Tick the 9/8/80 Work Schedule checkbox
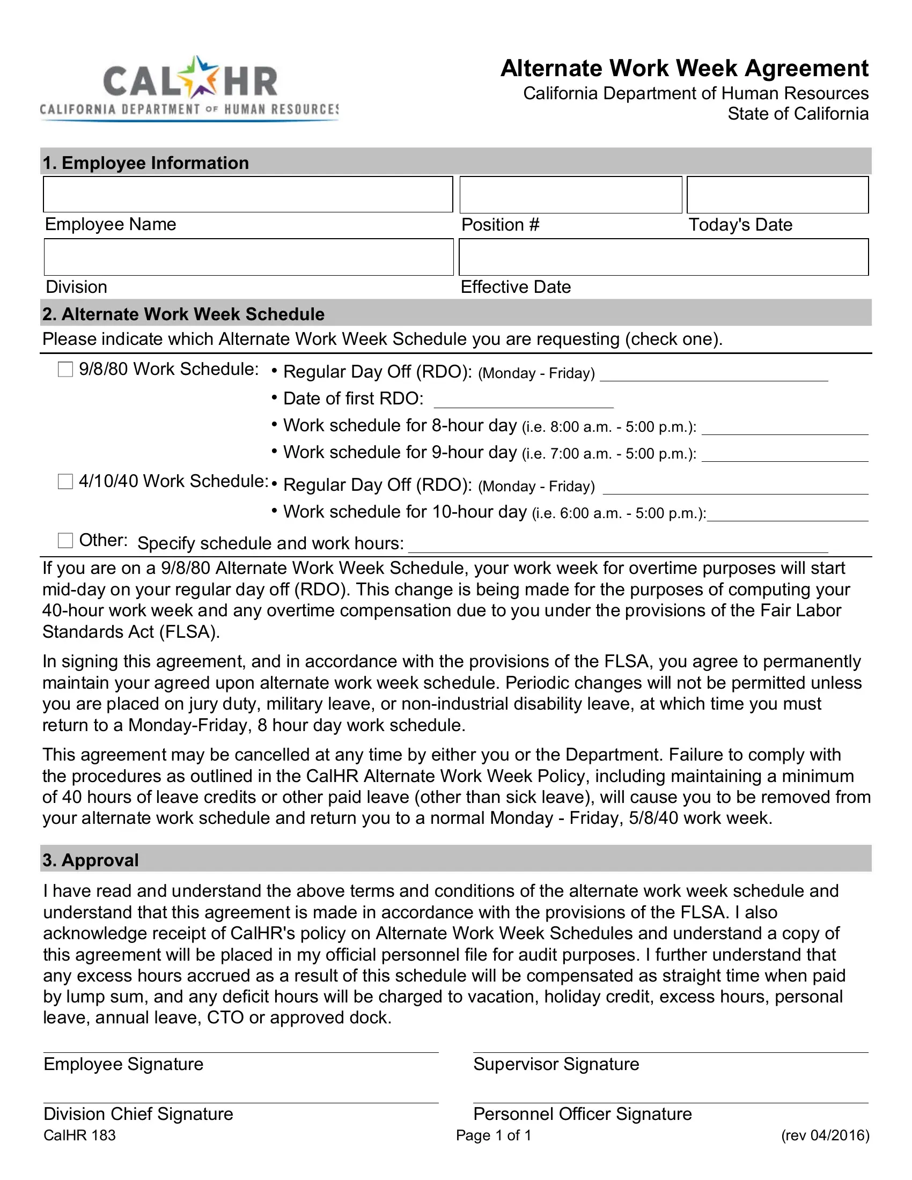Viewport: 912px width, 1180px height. pos(65,370)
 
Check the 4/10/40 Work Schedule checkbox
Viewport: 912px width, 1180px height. pos(65,482)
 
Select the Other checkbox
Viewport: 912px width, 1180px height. pos(65,540)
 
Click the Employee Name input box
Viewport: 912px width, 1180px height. pos(247,195)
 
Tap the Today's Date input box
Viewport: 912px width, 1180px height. pos(777,195)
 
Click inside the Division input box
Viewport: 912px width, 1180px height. pos(248,257)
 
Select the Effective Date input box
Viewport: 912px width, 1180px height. pos(663,257)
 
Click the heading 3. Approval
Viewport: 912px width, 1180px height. pos(91,860)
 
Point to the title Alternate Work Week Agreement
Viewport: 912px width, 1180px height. pos(684,69)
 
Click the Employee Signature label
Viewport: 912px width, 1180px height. pos(124,1064)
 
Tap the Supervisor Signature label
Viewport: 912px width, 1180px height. pos(556,1064)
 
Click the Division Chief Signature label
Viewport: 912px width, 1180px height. pos(138,1113)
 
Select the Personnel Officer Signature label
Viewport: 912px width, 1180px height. pos(582,1113)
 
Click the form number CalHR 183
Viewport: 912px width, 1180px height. pos(79,1135)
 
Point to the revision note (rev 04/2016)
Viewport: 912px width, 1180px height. pos(825,1135)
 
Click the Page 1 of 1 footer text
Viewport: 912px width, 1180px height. pos(493,1135)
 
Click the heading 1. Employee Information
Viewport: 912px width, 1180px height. pos(146,163)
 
